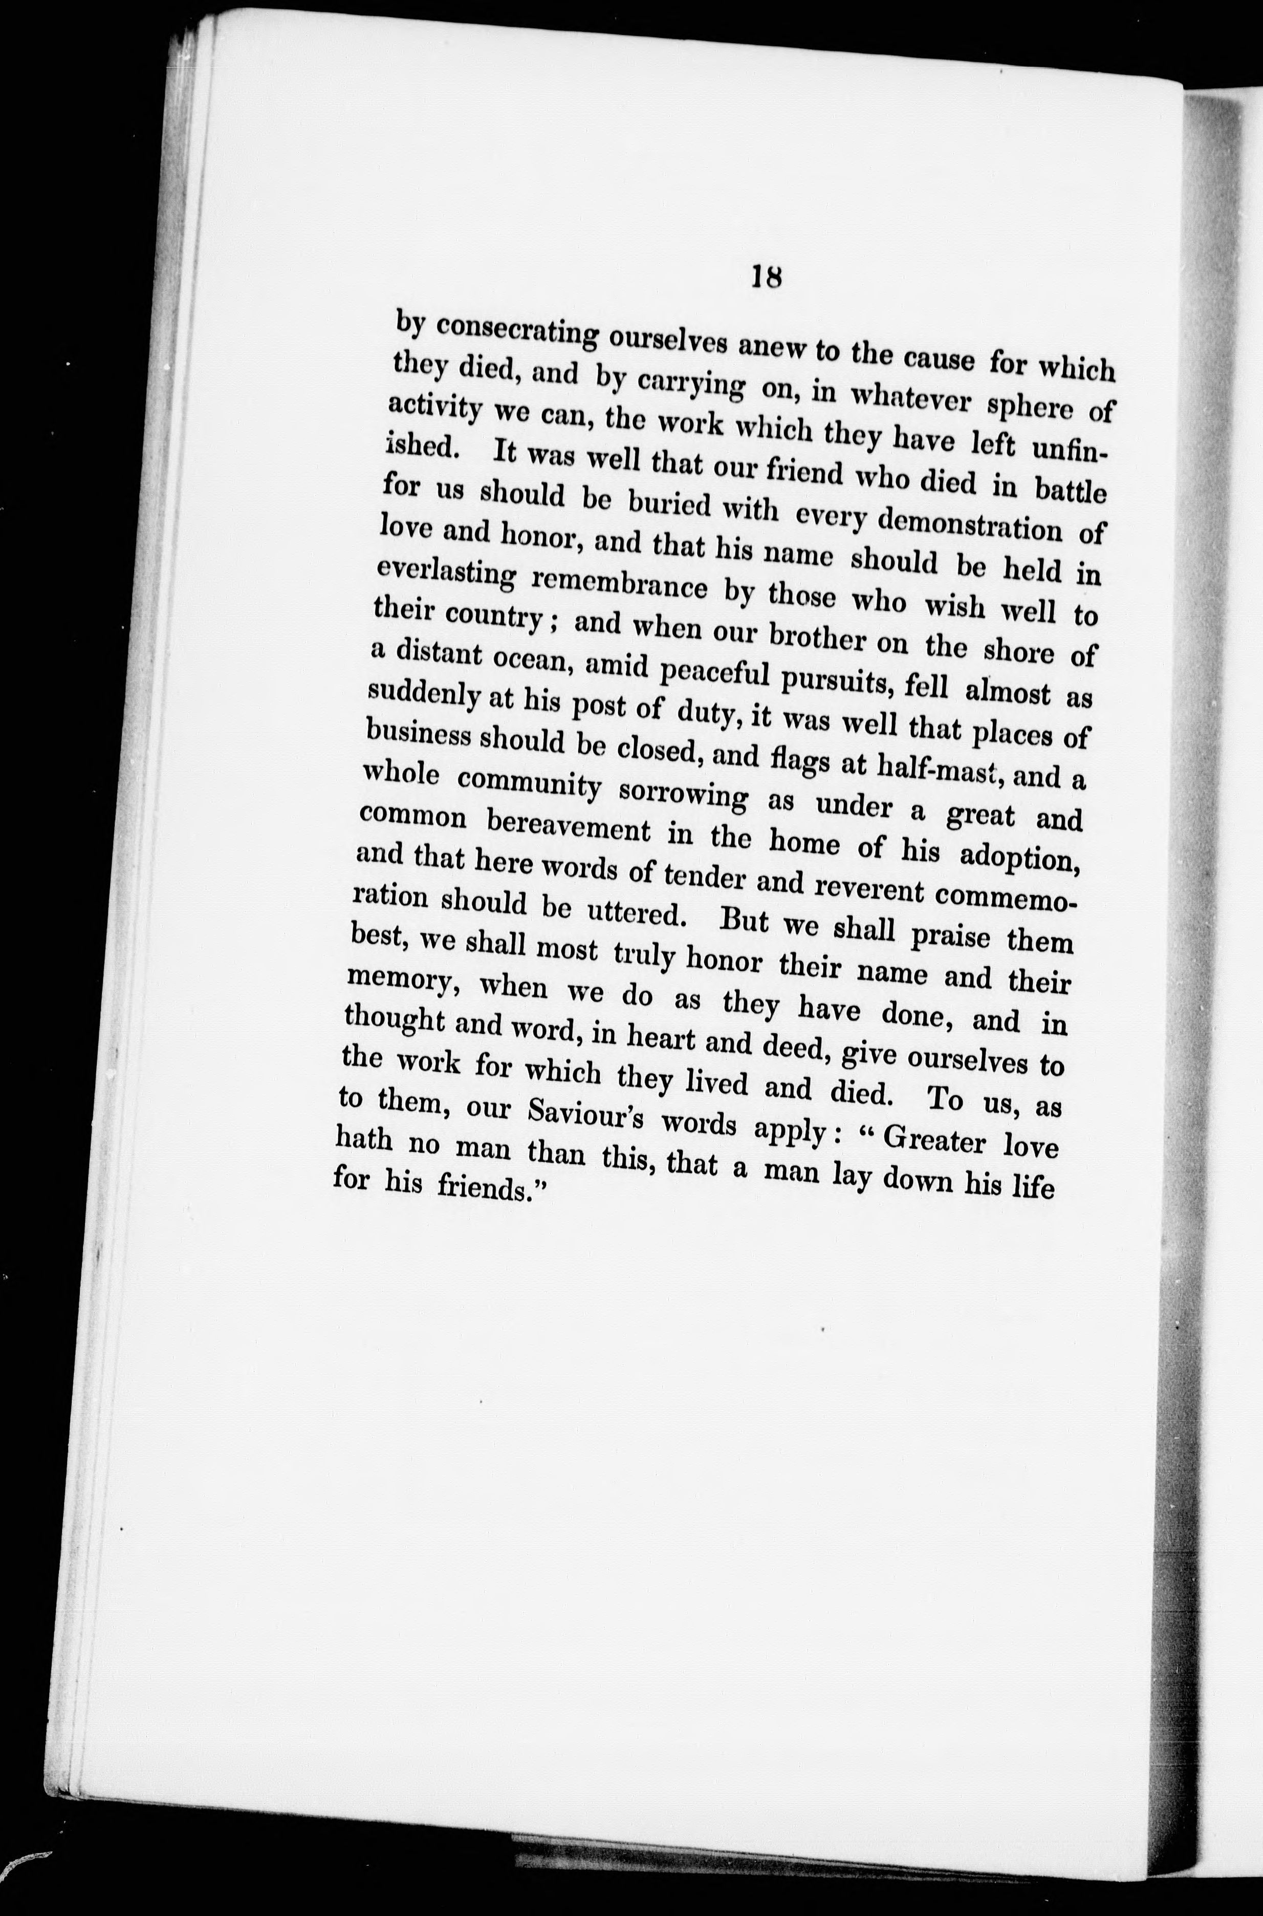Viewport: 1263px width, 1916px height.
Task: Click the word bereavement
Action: pyautogui.click(x=572, y=827)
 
